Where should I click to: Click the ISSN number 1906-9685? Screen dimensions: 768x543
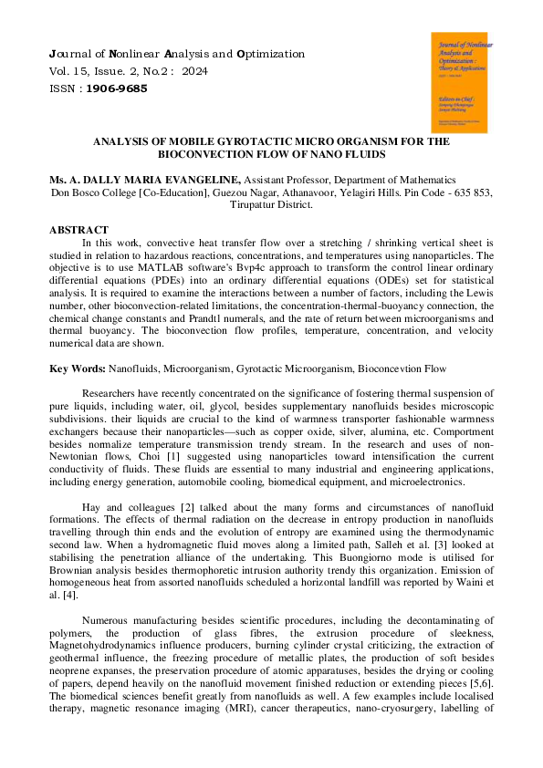(116, 88)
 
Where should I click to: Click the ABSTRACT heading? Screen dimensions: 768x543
(78, 230)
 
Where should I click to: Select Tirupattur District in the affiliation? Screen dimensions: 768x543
(271, 205)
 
